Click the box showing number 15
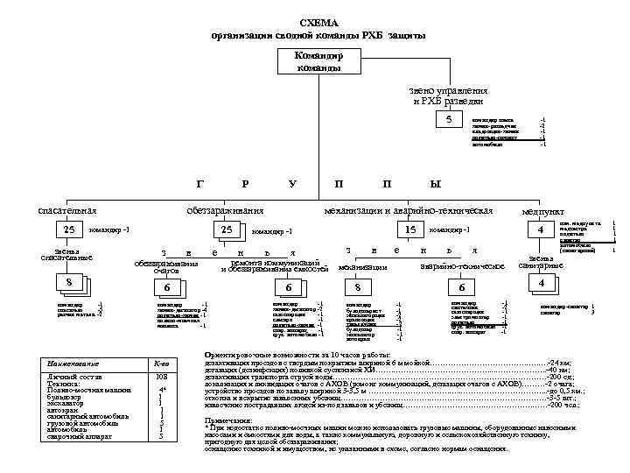410,229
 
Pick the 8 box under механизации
356,288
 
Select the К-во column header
161,364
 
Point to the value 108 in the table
161,377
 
